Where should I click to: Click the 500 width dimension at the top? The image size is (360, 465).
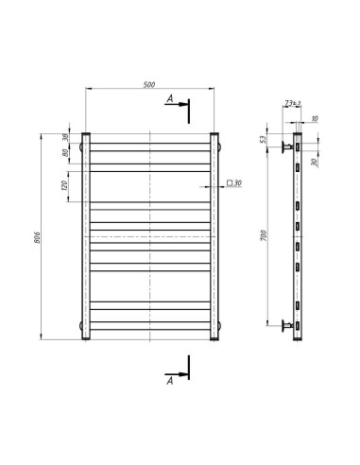pos(149,85)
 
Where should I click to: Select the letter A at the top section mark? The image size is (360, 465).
pos(169,98)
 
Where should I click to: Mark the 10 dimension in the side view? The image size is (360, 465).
pos(314,119)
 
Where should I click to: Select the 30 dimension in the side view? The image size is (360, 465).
pos(314,162)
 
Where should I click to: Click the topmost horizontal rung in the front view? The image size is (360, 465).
pos(151,140)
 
